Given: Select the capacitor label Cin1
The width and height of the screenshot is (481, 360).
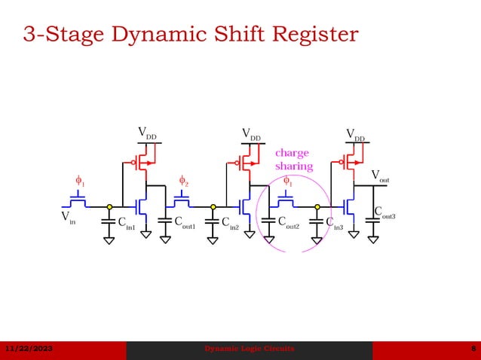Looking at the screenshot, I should [x=126, y=223].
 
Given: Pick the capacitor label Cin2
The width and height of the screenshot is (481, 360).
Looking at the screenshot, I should [x=230, y=223].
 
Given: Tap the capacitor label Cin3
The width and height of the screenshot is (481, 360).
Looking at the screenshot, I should [x=335, y=223].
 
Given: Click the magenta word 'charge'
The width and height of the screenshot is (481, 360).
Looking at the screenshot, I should [x=291, y=153].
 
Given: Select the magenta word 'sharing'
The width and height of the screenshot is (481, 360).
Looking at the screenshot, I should [x=293, y=166].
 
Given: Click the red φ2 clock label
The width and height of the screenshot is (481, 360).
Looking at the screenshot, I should [x=182, y=181].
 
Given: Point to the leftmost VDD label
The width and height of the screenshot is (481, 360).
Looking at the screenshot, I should [x=147, y=133].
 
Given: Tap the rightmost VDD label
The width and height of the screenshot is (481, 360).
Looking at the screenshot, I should [x=355, y=135].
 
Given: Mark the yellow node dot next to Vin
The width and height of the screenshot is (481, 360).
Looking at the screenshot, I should [x=109, y=206].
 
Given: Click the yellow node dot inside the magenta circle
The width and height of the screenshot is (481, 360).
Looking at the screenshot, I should [x=317, y=206].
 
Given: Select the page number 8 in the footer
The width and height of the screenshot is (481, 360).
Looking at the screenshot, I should [x=471, y=349].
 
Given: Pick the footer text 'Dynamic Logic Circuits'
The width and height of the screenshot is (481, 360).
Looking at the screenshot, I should [x=250, y=349].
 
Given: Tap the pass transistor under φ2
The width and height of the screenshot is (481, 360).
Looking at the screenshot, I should [x=182, y=201].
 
